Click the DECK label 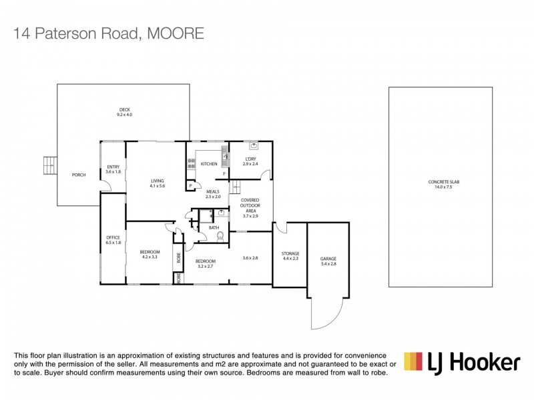click(x=124, y=110)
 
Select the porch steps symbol click(x=49, y=164)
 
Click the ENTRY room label click(x=113, y=167)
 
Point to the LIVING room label click(x=157, y=181)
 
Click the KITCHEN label click(x=210, y=163)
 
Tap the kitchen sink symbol click(x=226, y=157)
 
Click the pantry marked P click(x=190, y=185)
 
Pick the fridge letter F click(x=224, y=175)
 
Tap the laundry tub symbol click(x=254, y=145)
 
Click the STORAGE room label click(x=290, y=253)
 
